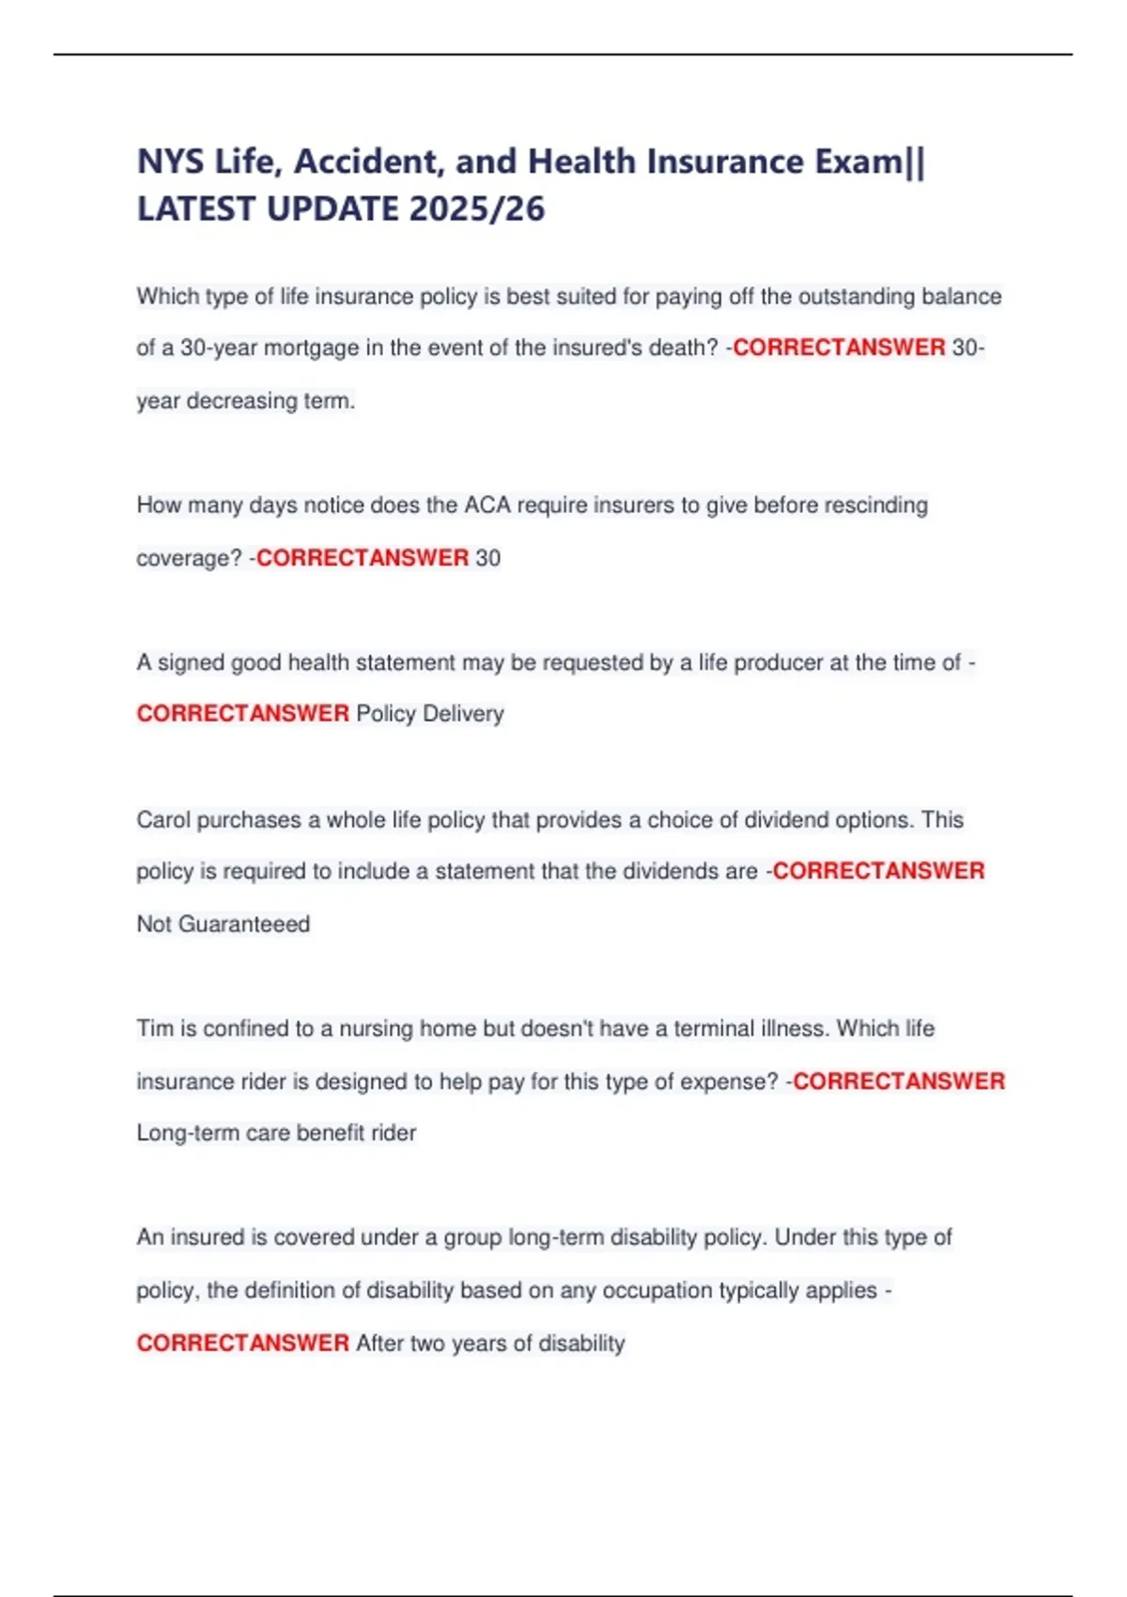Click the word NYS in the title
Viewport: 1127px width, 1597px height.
170,162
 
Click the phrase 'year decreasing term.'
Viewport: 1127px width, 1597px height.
246,401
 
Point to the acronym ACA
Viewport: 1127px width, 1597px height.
487,505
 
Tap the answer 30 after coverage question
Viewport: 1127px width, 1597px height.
488,558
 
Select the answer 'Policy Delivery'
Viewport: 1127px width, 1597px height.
430,714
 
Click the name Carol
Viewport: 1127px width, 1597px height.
163,820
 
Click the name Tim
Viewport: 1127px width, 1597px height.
155,1029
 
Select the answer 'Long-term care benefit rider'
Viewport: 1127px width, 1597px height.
276,1133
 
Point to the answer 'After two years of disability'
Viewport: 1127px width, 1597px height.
490,1343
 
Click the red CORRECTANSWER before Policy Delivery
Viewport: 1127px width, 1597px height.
242,714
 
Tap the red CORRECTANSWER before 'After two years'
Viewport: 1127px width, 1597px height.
242,1343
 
